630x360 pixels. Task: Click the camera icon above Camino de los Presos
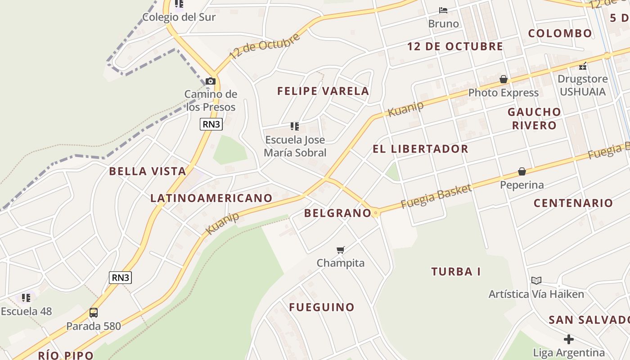210,81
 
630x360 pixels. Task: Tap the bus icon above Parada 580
94,312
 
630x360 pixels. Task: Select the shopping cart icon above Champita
341,250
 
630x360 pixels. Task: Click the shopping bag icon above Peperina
522,171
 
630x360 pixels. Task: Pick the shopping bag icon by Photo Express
504,80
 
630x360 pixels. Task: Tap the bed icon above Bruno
443,10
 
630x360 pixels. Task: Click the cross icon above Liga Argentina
569,339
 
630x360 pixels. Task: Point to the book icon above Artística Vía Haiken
536,280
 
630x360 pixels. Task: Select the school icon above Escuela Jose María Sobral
295,126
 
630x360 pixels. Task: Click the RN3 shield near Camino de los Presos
211,124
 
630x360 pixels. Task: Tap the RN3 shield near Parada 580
120,278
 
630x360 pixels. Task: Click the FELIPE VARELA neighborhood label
323,91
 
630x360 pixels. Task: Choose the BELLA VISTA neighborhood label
148,171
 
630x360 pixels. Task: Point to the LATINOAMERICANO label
211,198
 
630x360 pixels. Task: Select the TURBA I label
456,271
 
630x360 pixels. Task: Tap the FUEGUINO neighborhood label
322,307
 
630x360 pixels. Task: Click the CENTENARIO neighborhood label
573,203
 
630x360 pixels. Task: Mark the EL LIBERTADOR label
420,149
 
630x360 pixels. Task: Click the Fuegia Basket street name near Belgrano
436,196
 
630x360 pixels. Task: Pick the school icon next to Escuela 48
26,297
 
